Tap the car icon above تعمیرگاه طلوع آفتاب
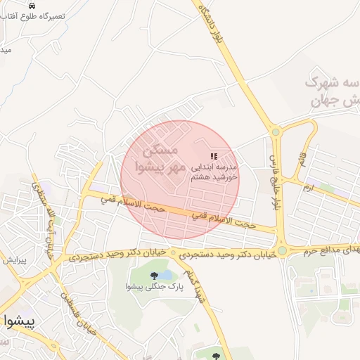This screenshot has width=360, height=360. (x=31, y=4)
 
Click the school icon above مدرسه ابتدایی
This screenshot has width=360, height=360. (x=214, y=156)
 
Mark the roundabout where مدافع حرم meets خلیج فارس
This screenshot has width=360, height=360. (x=282, y=250)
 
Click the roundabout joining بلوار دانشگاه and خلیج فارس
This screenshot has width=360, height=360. (x=276, y=131)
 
